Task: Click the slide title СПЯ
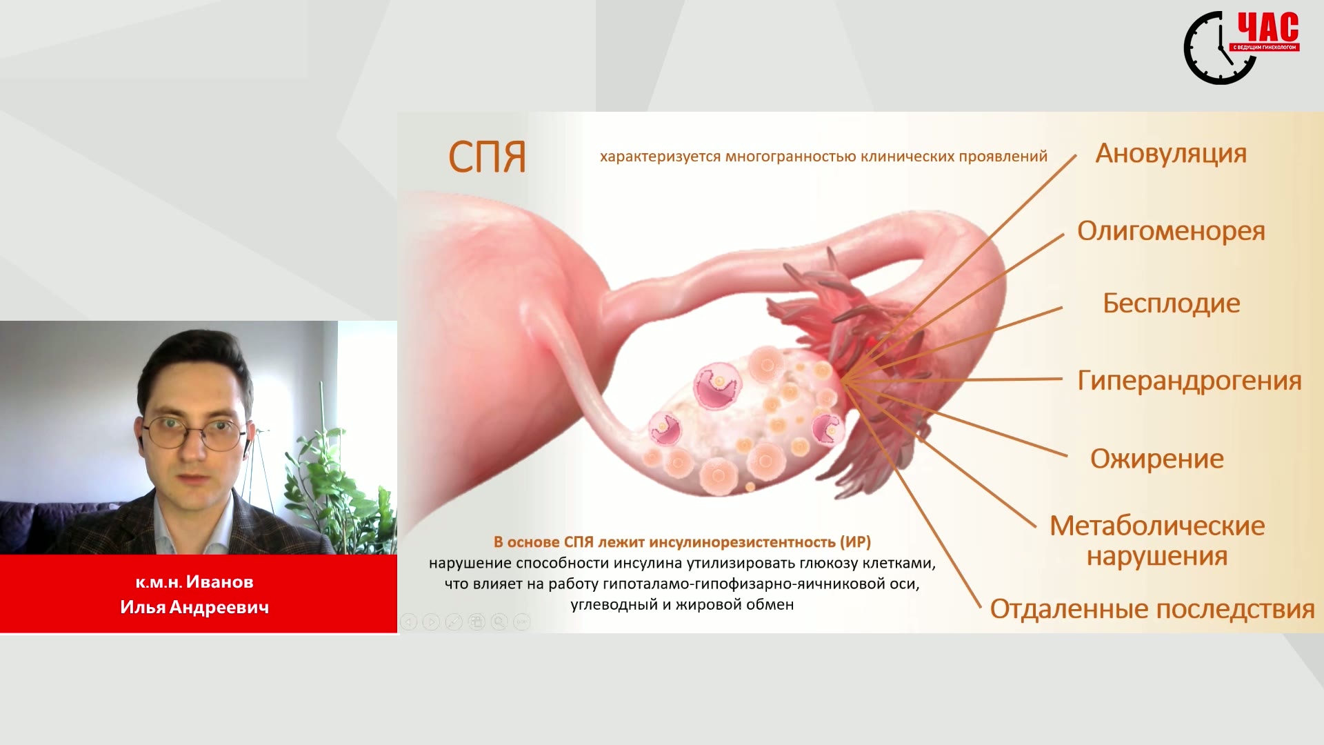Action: click(487, 157)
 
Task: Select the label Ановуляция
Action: click(1171, 154)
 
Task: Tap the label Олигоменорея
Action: click(1171, 232)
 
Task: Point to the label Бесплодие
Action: click(1171, 304)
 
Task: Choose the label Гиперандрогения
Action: click(1190, 381)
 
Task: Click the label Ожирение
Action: click(1157, 459)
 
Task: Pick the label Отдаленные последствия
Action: click(1152, 610)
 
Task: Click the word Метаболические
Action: click(1157, 526)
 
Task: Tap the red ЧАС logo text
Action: click(1267, 28)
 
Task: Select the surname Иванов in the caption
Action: click(220, 582)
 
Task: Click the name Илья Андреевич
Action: click(194, 607)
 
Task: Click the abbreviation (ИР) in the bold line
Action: click(855, 542)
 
